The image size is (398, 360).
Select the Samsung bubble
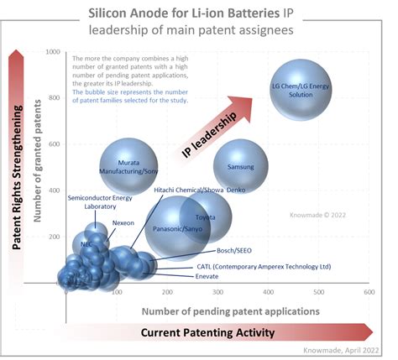[x=240, y=167]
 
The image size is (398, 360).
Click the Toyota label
[x=205, y=217]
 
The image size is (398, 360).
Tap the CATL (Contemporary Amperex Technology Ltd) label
[x=264, y=266]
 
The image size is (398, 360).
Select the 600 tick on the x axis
[x=368, y=293]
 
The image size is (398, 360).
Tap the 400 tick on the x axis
[x=267, y=293]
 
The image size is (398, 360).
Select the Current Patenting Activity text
[x=207, y=332]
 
